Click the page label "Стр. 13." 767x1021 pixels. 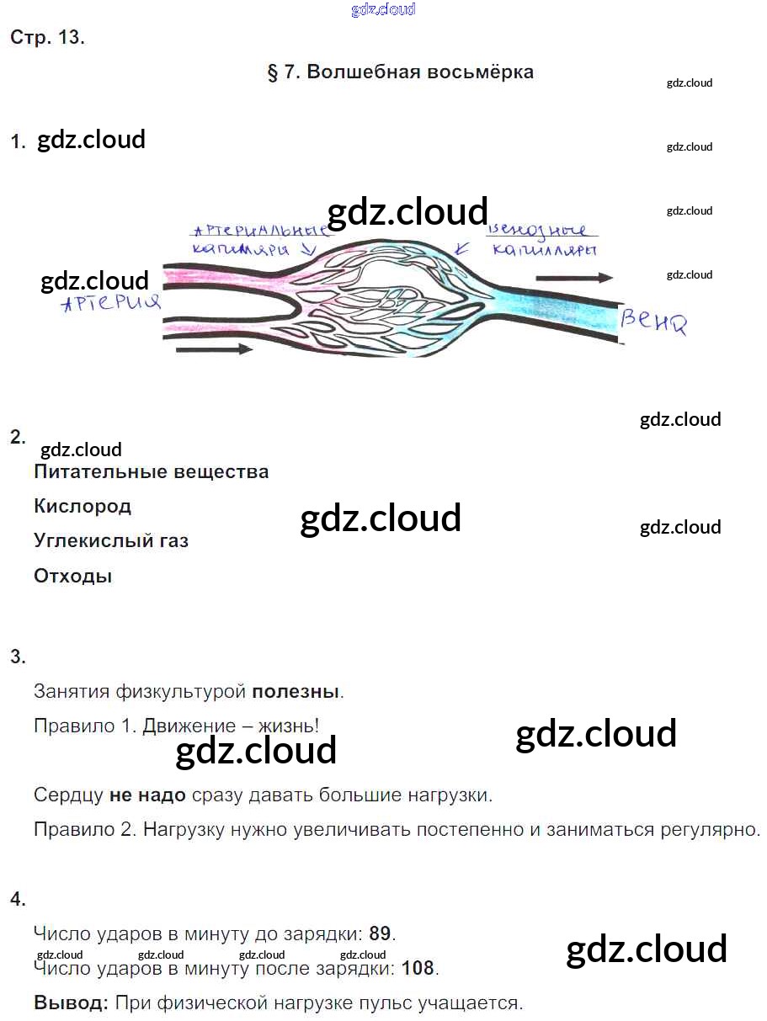pos(47,38)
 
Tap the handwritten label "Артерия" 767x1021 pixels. pos(111,303)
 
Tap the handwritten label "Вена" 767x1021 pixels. pos(653,321)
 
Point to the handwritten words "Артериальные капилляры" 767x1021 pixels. pos(257,239)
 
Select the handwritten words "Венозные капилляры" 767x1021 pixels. pos(542,239)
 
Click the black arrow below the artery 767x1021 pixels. pos(214,348)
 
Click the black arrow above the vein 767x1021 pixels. pos(573,277)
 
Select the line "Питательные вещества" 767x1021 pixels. pos(152,471)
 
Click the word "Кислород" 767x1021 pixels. pos(83,507)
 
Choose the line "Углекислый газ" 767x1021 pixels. pos(111,541)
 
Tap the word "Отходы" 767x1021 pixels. pos(72,577)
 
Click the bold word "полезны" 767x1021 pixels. pos(296,692)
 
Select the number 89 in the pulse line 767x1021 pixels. pos(380,933)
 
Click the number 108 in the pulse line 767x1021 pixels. pos(418,968)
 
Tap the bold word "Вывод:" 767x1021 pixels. pos(72,1003)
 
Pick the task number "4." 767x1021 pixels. pos(18,899)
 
